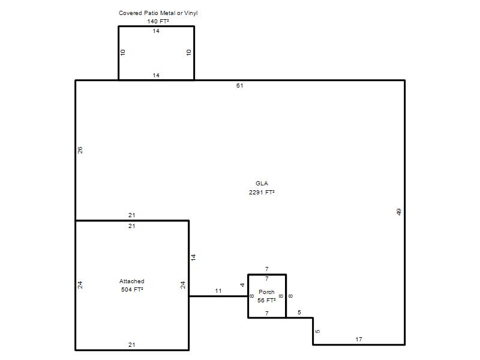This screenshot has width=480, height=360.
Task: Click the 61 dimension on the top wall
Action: [x=239, y=86]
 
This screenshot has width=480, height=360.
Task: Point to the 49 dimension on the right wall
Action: [x=398, y=212]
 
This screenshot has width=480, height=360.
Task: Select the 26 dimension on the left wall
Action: [x=80, y=150]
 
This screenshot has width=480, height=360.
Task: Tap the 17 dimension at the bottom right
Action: [x=359, y=340]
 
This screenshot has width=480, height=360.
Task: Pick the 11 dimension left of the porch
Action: [x=218, y=291]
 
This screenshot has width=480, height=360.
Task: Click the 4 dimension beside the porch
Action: [x=242, y=285]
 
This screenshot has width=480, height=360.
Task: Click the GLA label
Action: [x=262, y=184]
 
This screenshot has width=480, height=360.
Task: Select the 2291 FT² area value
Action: [x=262, y=192]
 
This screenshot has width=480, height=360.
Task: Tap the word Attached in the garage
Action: [x=131, y=281]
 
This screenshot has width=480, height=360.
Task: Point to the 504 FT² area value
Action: [x=132, y=290]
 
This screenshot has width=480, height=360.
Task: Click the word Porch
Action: [x=266, y=292]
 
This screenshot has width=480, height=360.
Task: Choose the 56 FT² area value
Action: [x=266, y=301]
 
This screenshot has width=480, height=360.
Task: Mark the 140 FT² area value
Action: [x=158, y=22]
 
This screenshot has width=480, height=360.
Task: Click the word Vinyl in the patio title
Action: [x=191, y=13]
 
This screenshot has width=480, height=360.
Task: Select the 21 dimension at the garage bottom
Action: [x=131, y=344]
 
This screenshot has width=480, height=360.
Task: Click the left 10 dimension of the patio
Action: [x=123, y=52]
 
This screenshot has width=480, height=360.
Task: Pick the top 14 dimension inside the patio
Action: [x=156, y=31]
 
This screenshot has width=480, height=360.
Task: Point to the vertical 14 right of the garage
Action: [x=193, y=257]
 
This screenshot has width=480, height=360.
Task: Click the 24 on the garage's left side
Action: [x=80, y=285]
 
